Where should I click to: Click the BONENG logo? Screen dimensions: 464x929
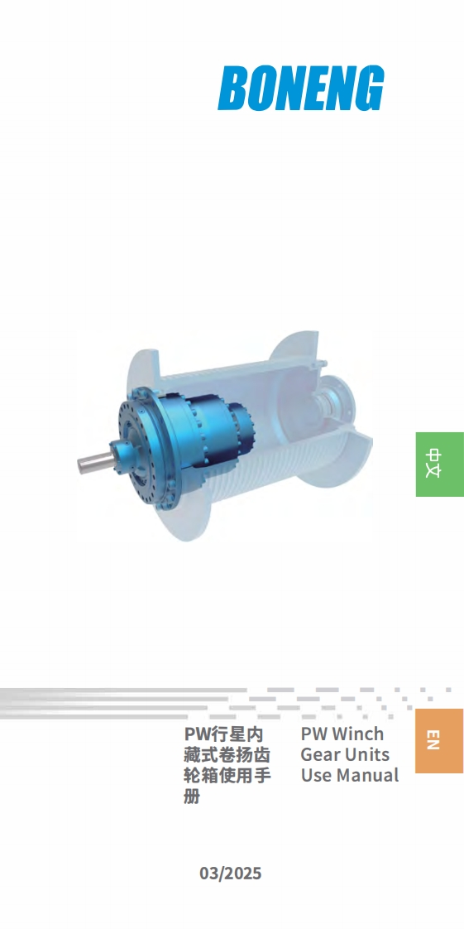click(x=301, y=89)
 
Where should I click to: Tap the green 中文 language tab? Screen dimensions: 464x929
click(x=440, y=464)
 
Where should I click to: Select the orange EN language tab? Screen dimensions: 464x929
click(x=440, y=740)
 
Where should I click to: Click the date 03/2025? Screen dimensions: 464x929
click(x=230, y=874)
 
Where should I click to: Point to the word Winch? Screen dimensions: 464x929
click(x=359, y=734)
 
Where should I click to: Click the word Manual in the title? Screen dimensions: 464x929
click(x=367, y=775)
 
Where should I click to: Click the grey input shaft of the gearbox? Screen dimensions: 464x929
click(x=93, y=462)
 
